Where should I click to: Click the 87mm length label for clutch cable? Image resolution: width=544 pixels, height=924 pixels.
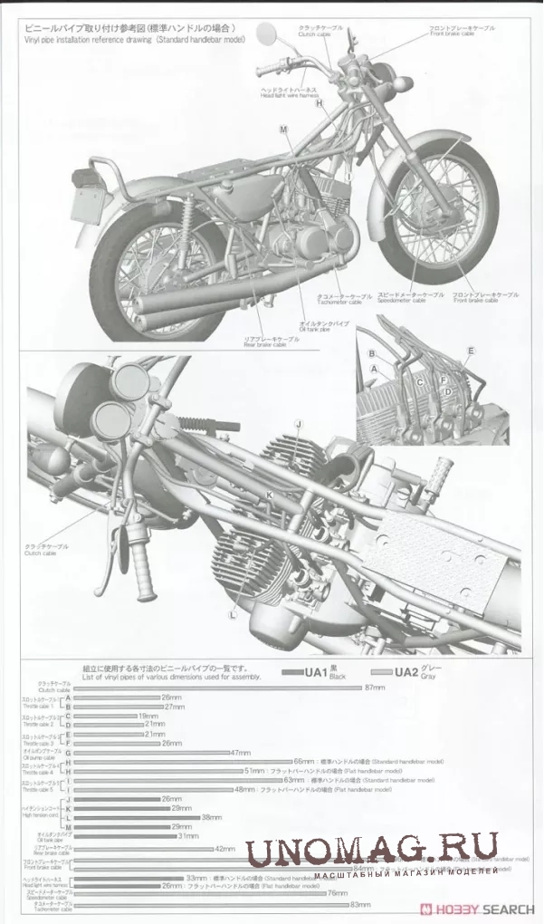[x=375, y=688]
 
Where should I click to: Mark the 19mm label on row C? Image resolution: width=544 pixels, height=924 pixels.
[x=149, y=716]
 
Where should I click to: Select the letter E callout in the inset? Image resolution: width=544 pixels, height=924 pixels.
[x=470, y=350]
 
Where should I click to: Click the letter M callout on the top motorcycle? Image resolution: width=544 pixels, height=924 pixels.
[x=283, y=130]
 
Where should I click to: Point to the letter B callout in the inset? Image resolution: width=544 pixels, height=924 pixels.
[x=371, y=352]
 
